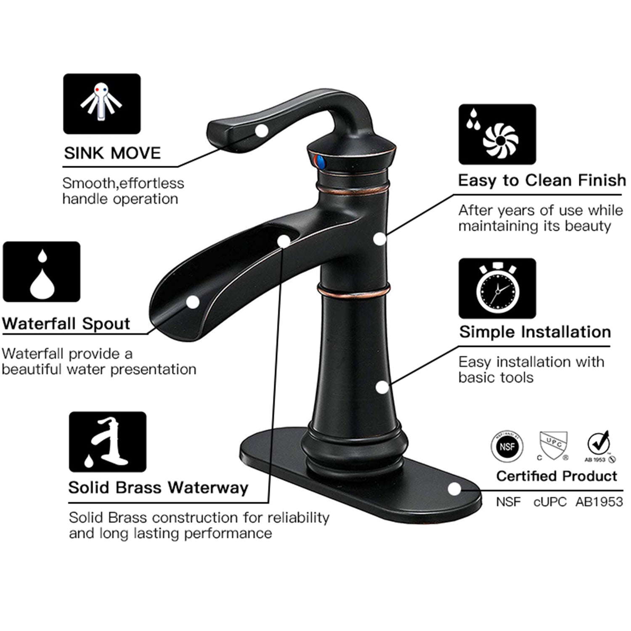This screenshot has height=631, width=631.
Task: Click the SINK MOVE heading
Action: point(112,153)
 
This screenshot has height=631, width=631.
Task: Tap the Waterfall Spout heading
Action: point(66,323)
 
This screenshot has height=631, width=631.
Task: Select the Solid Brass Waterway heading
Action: point(158,488)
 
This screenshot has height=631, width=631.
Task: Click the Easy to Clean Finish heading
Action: point(542,180)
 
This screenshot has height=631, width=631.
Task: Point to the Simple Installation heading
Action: point(535,332)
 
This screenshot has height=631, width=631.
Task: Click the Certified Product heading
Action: point(557,476)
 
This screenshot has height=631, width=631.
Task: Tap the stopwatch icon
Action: point(497,289)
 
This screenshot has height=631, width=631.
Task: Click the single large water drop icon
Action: point(42,272)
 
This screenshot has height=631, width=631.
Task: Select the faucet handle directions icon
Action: point(102,104)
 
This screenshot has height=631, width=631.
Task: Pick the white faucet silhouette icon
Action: point(108,442)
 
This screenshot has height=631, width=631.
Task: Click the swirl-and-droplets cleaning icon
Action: point(497,134)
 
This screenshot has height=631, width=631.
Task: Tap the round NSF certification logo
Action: point(507,446)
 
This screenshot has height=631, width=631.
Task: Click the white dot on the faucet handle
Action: point(262,130)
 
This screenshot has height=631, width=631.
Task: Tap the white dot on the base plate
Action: point(454,489)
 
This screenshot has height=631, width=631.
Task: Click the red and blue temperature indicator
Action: point(318,161)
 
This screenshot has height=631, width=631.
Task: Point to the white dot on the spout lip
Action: point(193,302)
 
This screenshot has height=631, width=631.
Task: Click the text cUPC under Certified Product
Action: point(549,502)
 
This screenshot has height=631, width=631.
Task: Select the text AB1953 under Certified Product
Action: point(599,502)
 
